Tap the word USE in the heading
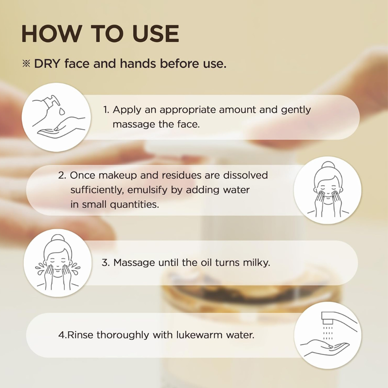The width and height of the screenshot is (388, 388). tap(156, 34)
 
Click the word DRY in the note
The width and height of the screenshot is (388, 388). tap(47, 64)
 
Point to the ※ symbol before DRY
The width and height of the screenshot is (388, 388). tap(26, 64)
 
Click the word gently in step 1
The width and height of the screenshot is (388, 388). tap(296, 110)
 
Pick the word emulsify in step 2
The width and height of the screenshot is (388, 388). tap(147, 190)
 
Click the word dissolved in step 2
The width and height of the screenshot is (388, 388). tap(245, 175)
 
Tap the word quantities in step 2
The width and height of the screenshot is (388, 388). tap(134, 205)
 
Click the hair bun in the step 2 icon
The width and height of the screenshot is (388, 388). tap(328, 165)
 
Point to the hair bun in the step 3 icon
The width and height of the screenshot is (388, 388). tap(57, 238)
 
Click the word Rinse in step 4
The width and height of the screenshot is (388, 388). tap(80, 335)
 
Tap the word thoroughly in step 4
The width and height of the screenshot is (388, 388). tap(123, 335)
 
